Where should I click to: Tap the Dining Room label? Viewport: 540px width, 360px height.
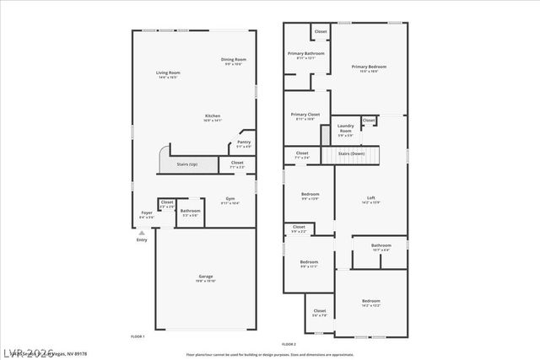point(234,59)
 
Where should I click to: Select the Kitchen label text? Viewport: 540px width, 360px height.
point(213,116)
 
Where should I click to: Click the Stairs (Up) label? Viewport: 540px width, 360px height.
point(187,164)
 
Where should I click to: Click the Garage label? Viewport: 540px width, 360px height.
point(205,277)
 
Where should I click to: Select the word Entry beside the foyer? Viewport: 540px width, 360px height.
point(141,240)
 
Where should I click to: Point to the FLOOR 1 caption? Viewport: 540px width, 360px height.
point(138,336)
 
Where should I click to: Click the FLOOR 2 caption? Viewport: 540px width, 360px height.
point(289,344)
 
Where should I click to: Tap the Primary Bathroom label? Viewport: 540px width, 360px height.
point(306,54)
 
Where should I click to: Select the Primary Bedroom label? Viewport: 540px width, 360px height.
point(369,67)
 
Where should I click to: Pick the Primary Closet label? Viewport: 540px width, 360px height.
point(304,115)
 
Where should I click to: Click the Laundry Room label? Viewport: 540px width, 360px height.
point(346,128)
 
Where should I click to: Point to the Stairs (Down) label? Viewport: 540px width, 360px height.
point(352,154)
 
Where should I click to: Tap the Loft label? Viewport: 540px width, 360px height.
point(370,197)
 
